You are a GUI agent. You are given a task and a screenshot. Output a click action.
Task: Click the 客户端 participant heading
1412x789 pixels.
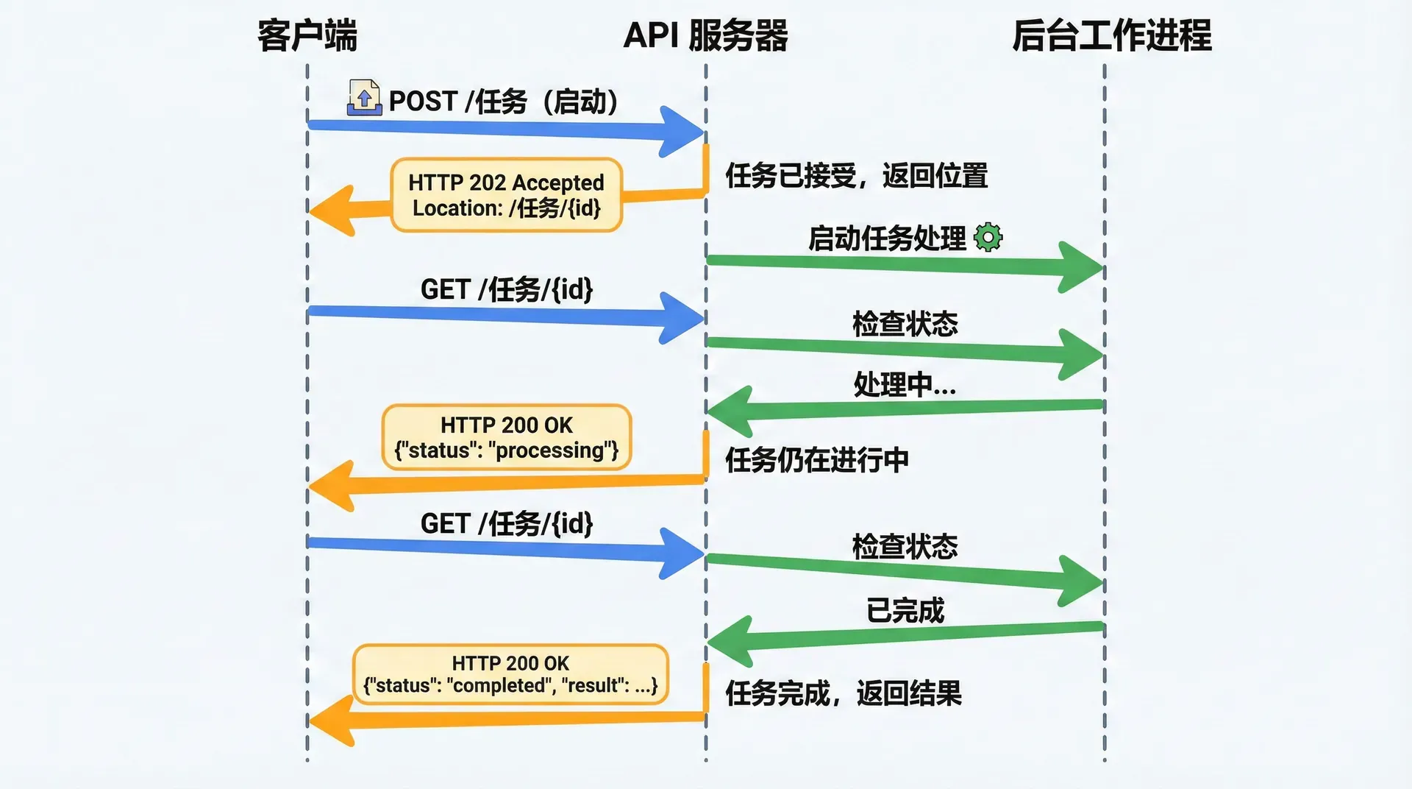click(307, 35)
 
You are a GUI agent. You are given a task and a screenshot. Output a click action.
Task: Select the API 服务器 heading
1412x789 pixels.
click(705, 35)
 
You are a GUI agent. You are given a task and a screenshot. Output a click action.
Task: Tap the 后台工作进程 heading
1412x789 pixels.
click(1111, 35)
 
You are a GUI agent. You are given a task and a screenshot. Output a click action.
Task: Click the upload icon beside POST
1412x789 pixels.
click(364, 98)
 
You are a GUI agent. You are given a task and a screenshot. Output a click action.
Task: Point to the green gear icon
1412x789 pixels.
click(988, 237)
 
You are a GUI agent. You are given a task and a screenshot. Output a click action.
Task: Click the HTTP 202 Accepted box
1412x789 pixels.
click(507, 195)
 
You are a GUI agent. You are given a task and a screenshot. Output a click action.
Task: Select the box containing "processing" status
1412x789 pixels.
click(507, 437)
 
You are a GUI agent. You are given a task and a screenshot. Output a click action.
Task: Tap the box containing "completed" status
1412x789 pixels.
click(510, 674)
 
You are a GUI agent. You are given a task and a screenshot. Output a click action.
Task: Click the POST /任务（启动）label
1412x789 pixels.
click(504, 102)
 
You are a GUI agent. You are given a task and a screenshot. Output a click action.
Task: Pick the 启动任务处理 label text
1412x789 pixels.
click(887, 238)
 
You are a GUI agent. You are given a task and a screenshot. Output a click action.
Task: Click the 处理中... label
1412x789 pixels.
click(905, 384)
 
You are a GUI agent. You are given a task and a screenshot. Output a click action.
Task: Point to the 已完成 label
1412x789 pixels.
click(905, 610)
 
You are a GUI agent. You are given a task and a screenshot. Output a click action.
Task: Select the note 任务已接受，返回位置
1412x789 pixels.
click(856, 176)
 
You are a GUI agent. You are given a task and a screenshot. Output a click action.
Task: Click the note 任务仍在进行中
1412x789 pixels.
click(817, 460)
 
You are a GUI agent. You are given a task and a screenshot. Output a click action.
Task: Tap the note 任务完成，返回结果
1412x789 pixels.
click(844, 693)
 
